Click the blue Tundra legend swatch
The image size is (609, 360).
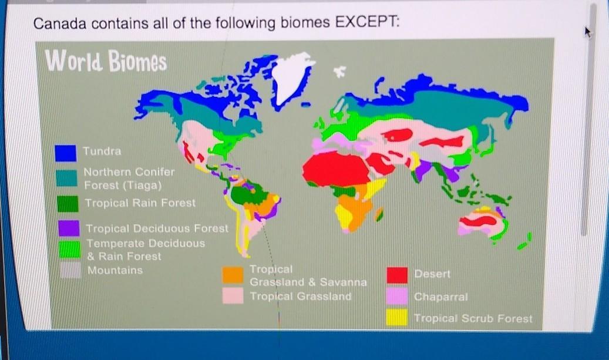click(65, 153)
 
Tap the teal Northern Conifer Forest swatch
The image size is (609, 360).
click(66, 178)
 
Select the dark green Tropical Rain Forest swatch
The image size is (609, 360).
click(68, 204)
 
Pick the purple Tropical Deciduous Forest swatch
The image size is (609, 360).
click(69, 228)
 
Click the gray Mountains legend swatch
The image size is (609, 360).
click(70, 270)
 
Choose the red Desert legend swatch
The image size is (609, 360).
click(397, 275)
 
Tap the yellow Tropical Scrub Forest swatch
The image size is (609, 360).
click(397, 317)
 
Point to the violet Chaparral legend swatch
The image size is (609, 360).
click(397, 296)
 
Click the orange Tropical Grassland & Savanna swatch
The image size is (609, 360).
click(233, 275)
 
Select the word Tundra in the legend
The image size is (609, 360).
click(102, 151)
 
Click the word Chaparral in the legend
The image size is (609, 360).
click(441, 297)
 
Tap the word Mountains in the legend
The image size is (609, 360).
click(115, 270)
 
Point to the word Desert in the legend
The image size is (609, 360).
click(432, 274)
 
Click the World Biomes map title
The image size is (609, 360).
click(106, 61)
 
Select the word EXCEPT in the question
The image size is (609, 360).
click(367, 22)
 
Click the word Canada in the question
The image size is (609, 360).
click(60, 23)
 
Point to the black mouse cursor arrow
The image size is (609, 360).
click(588, 32)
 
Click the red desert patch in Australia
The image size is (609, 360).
click(478, 221)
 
